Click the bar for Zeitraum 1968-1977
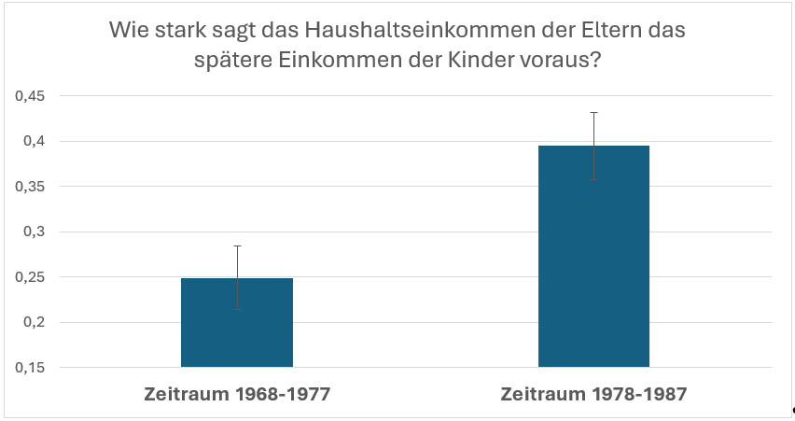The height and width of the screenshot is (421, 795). tap(237, 322)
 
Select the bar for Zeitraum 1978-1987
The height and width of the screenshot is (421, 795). tap(593, 257)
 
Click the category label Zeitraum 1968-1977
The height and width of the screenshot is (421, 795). tap(237, 395)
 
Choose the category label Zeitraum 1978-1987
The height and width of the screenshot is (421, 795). tap(593, 395)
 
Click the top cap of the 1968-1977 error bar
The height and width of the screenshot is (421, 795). tap(237, 246)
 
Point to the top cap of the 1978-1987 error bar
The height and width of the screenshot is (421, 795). tap(593, 113)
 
